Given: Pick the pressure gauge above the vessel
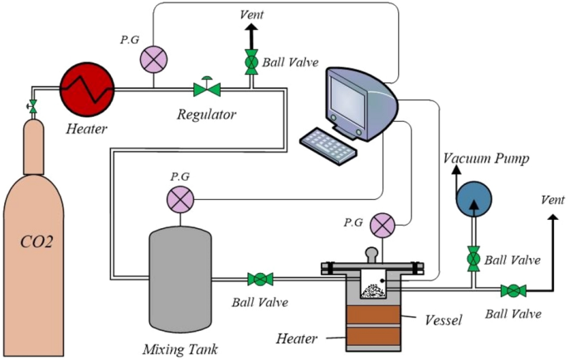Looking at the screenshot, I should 381,224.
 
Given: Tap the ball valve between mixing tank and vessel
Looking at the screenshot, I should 261,279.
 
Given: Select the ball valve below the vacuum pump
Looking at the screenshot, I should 473,257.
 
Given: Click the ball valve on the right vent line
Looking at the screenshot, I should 513,290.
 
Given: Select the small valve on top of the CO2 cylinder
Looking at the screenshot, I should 32,106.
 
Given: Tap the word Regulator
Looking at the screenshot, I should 206,114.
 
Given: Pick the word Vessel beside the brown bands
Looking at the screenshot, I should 444,319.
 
